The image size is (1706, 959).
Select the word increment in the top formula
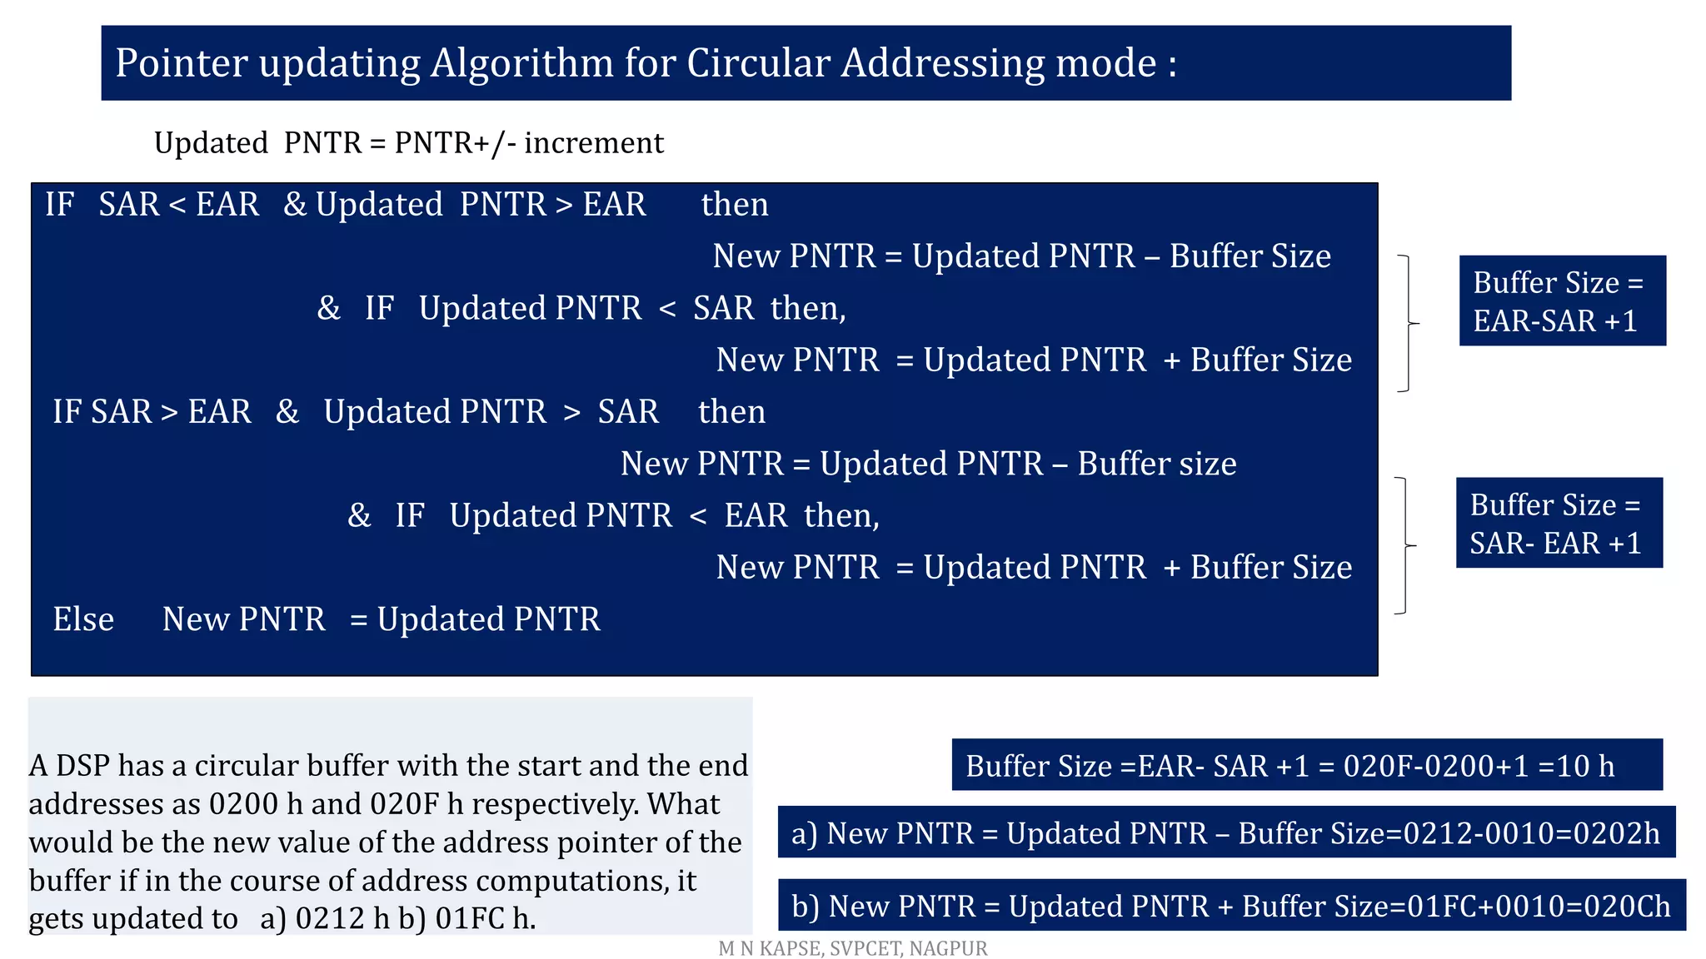pos(594,143)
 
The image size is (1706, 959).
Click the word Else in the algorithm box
pos(83,619)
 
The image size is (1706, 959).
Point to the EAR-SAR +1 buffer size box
pos(1562,301)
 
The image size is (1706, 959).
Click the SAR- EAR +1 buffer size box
pos(1559,523)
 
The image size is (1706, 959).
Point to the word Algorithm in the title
pos(521,63)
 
